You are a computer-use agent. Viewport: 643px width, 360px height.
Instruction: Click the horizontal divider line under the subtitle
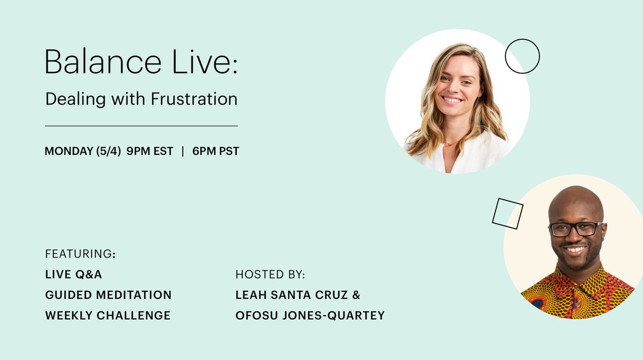(x=141, y=126)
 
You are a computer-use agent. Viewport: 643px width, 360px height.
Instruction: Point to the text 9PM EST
(x=149, y=152)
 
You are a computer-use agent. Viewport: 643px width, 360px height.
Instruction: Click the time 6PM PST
(x=215, y=152)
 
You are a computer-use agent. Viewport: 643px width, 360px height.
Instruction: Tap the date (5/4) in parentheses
(x=109, y=152)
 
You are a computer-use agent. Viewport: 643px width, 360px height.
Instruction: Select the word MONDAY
(x=68, y=152)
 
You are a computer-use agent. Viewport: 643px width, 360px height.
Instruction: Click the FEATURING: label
(x=80, y=253)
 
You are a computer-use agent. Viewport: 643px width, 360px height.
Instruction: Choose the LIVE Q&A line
(x=73, y=275)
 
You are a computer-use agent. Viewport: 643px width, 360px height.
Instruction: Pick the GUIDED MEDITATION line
(x=108, y=295)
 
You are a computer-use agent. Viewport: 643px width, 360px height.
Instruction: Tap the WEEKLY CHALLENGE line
(x=108, y=316)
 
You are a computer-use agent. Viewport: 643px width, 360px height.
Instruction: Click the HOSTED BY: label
(x=270, y=275)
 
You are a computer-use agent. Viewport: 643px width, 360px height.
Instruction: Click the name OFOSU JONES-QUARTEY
(x=310, y=316)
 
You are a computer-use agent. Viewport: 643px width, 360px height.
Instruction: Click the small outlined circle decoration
(x=522, y=56)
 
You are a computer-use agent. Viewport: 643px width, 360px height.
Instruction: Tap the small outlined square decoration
(x=507, y=213)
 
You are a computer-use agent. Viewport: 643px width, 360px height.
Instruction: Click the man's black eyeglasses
(x=575, y=229)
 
